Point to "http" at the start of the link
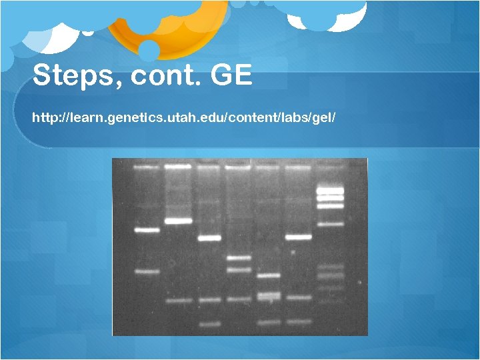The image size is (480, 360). (x=43, y=118)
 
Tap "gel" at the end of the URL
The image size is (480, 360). (x=325, y=118)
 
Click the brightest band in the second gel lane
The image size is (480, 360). (x=178, y=221)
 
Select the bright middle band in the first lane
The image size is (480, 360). (x=147, y=230)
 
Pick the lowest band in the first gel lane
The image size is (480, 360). (x=147, y=271)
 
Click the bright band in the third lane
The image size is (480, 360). (x=209, y=237)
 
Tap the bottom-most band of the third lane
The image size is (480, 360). (x=209, y=324)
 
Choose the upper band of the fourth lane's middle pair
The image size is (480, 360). (x=238, y=257)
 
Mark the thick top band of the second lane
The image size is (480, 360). (x=178, y=167)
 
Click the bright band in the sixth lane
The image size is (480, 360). (x=298, y=237)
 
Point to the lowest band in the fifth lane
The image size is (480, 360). (x=269, y=322)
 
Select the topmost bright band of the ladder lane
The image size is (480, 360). (x=329, y=190)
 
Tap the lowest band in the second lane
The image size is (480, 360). (x=178, y=301)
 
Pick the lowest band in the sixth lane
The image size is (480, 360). (x=298, y=321)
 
